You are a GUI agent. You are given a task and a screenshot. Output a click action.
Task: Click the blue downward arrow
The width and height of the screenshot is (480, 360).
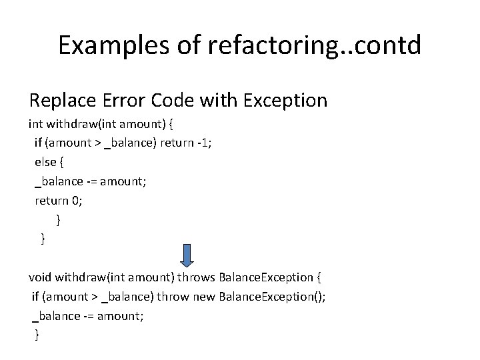click(187, 255)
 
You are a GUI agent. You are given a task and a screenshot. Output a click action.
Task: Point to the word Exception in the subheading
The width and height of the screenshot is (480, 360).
click(285, 101)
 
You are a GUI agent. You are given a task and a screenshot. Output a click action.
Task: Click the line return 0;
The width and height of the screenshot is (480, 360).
click(59, 200)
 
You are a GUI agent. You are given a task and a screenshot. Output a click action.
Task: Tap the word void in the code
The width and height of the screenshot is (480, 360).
click(40, 277)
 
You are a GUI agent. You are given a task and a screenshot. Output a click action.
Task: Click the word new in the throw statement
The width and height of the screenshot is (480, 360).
click(203, 297)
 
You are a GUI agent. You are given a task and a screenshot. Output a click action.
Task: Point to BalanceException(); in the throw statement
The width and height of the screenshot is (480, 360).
click(271, 297)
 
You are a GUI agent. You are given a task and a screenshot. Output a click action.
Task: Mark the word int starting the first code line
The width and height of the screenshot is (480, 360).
click(35, 123)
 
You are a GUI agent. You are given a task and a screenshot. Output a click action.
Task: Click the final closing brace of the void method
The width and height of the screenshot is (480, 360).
click(37, 335)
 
